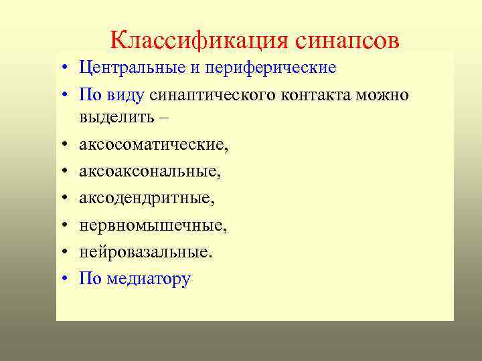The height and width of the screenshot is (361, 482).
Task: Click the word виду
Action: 125,94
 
